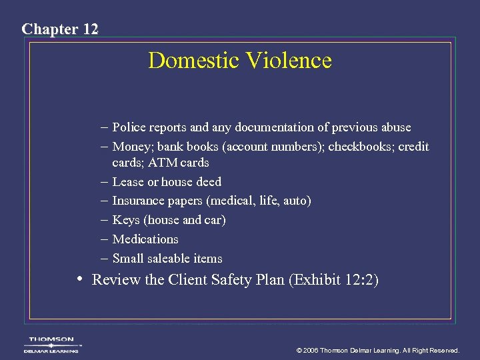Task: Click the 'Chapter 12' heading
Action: tap(60, 29)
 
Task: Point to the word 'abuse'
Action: tap(395, 127)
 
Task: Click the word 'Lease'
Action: tap(129, 182)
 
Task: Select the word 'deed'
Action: tap(208, 182)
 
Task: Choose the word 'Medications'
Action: tap(145, 239)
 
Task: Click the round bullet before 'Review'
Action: tap(80, 279)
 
